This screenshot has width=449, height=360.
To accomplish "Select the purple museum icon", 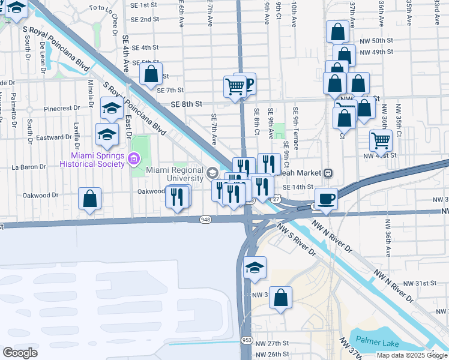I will pos(133,159).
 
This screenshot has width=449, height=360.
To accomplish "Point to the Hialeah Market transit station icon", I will pos(328,173).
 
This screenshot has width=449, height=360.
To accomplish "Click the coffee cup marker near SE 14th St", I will pos(325,199).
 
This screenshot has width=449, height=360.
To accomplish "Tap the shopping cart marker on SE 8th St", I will pos(235,86).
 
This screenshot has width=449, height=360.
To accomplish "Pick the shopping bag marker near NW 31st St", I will pos(280,298).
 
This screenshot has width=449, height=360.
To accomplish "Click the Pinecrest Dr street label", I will pos(61,109).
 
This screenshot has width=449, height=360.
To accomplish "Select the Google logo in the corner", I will pos(20,353).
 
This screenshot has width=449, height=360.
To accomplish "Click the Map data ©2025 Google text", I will pos(412,355).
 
